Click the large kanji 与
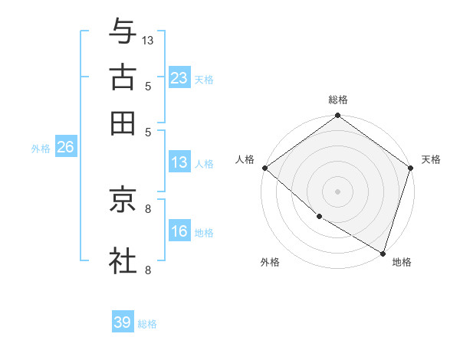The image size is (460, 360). click(x=123, y=31)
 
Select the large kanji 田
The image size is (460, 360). click(x=123, y=123)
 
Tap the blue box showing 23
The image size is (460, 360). click(x=179, y=77)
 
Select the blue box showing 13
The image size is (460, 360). click(x=179, y=162)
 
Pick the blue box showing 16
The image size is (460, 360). click(x=179, y=231)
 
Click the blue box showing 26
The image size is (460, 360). click(x=65, y=147)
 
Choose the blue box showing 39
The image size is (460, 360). click(x=123, y=322)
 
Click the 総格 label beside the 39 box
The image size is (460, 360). click(x=147, y=324)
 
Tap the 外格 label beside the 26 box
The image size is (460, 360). click(x=41, y=149)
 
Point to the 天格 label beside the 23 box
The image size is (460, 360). click(x=203, y=79)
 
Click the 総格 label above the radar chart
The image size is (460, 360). click(x=337, y=100)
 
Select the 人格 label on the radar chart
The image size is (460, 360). click(x=245, y=159)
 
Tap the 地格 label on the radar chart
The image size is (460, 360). click(x=402, y=262)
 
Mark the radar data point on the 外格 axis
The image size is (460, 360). click(x=318, y=217)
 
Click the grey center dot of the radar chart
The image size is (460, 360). click(x=337, y=191)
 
